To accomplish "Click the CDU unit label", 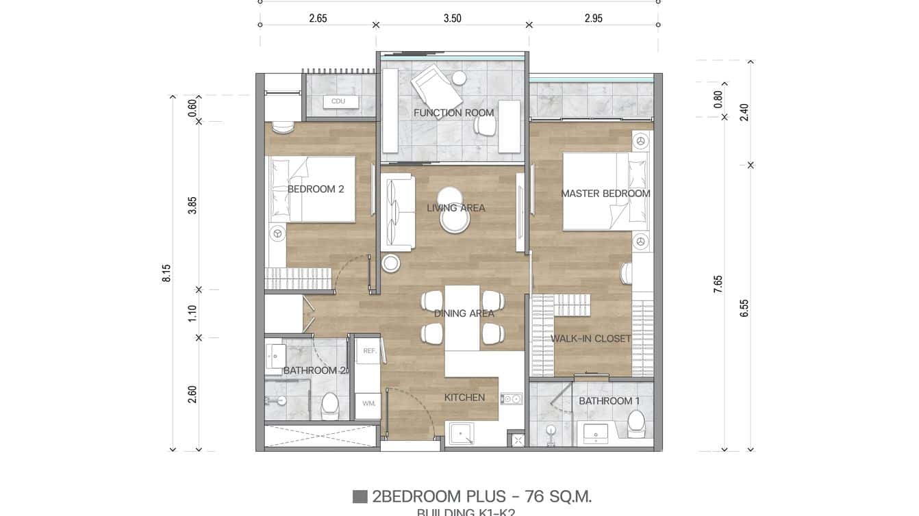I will click(x=338, y=101).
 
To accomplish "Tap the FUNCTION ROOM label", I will click(x=453, y=113).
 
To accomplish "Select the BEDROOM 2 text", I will click(x=316, y=189).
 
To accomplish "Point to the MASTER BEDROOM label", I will click(x=605, y=194).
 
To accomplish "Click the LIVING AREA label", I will click(x=456, y=208).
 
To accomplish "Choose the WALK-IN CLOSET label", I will click(x=591, y=338).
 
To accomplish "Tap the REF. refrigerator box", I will click(x=370, y=350).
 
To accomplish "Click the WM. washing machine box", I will click(x=369, y=403).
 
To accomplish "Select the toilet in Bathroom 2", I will click(x=330, y=404).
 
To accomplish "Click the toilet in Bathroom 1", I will click(x=636, y=423).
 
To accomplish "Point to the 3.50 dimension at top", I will click(x=452, y=18).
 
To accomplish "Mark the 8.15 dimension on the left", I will click(x=166, y=273).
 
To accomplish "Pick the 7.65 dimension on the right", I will click(x=718, y=284).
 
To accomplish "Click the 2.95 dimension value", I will click(x=594, y=18).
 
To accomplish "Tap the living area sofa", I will click(x=399, y=212).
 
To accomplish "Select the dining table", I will click(x=462, y=318).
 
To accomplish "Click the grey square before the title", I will click(x=360, y=497).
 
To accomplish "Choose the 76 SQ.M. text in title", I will click(x=558, y=497).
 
